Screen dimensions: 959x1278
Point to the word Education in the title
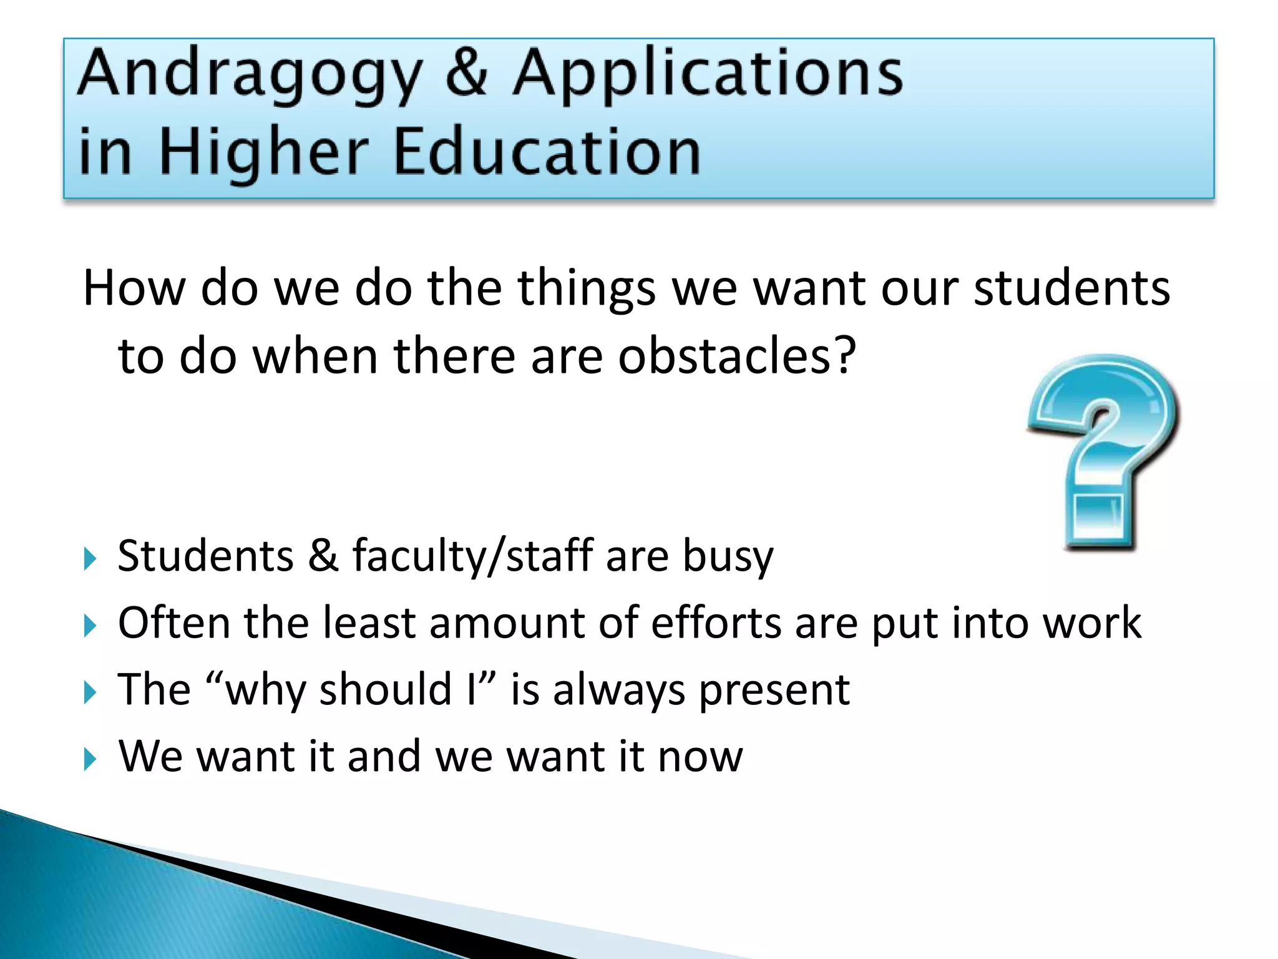point(547,151)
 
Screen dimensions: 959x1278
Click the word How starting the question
point(134,288)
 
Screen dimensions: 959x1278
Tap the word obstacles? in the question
point(737,356)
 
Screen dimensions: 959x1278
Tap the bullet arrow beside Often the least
point(90,626)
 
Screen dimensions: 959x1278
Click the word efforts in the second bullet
point(716,623)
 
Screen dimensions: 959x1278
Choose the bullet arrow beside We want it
point(90,760)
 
